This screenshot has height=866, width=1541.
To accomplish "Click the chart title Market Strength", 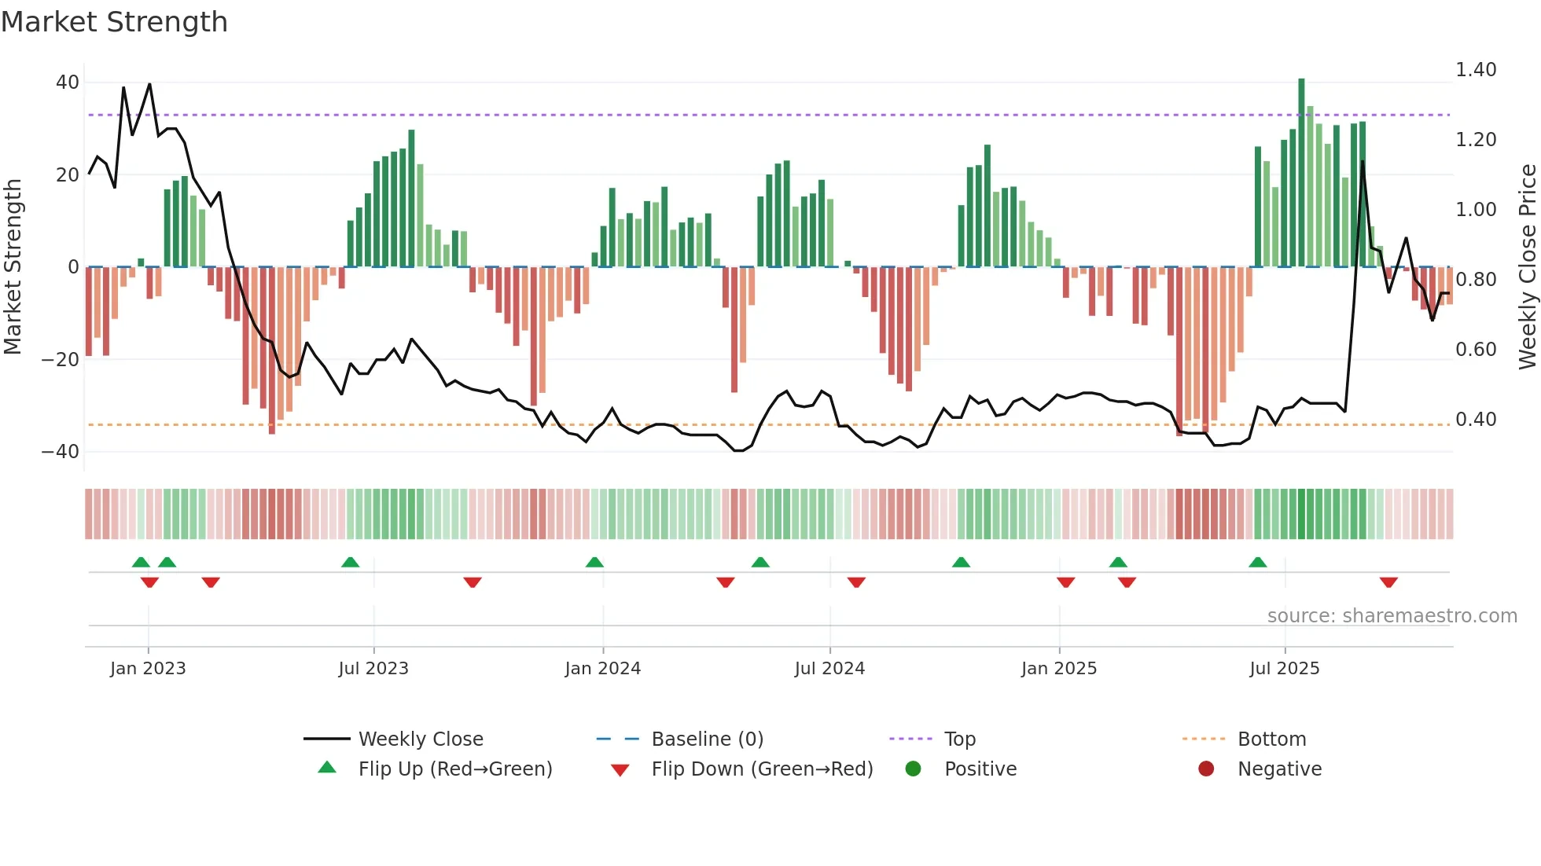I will tap(114, 22).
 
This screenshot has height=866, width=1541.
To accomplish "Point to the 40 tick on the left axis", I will tap(68, 83).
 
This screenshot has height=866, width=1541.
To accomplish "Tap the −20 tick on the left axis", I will tap(61, 360).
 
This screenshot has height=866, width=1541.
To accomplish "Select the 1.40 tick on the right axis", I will tap(1476, 70).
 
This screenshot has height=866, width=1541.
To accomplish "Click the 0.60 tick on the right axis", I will tap(1476, 350).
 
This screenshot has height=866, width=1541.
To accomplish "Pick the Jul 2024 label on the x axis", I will tap(829, 669).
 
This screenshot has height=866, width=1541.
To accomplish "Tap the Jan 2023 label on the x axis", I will tap(148, 669).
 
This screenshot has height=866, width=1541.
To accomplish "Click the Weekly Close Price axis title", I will tap(1527, 267).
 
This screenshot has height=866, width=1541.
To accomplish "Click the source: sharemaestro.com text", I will tap(1392, 616).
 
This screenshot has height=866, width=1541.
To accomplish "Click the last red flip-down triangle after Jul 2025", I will tap(1388, 582).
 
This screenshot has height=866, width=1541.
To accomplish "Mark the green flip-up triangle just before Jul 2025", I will tap(1257, 563).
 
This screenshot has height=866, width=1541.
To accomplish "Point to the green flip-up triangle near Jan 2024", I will tap(594, 563).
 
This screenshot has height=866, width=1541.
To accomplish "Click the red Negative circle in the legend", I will tap(1206, 769).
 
